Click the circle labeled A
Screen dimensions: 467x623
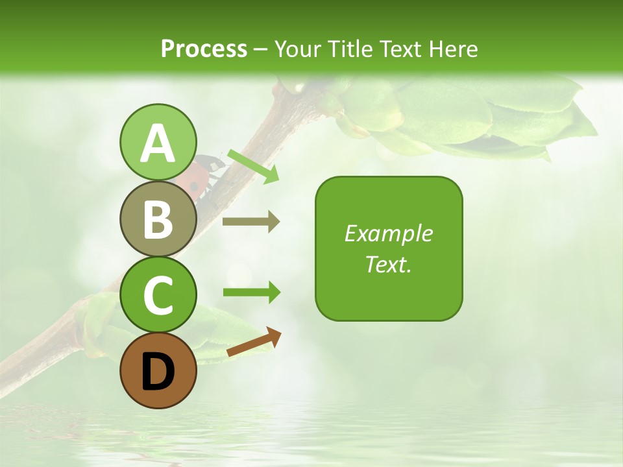(158, 142)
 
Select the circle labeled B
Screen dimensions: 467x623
(158, 219)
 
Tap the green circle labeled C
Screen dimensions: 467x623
(158, 295)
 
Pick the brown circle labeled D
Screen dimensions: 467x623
(158, 371)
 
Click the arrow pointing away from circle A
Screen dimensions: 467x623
(253, 165)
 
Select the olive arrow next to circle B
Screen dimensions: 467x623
(250, 222)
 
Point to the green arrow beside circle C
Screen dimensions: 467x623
(251, 293)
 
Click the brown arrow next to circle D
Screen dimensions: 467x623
(254, 342)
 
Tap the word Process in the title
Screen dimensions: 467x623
(204, 49)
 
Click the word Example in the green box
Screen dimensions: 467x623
(388, 233)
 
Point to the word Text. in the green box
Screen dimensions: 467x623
(388, 264)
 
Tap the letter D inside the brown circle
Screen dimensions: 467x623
(158, 372)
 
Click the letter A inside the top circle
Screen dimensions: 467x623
(158, 143)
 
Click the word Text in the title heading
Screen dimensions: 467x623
(400, 49)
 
